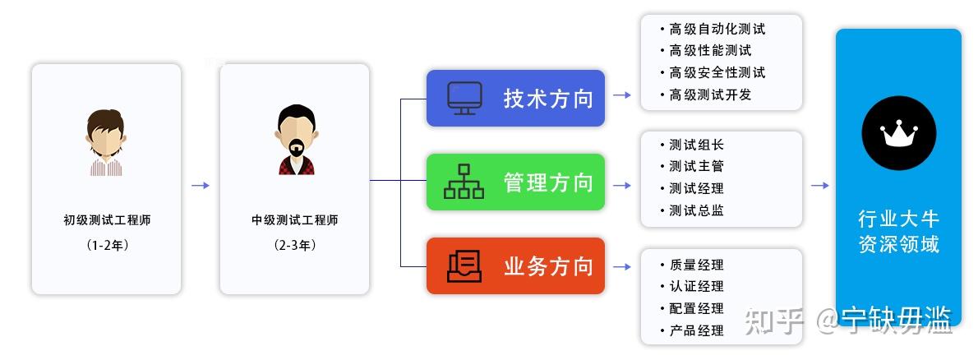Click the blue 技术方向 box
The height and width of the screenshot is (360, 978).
click(515, 99)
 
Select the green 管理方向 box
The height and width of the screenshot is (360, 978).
click(515, 182)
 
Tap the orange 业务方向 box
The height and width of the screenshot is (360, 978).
click(515, 265)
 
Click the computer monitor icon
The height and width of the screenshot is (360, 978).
click(464, 99)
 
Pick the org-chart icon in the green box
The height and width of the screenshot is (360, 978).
click(464, 182)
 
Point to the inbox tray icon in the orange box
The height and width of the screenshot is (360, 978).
click(464, 265)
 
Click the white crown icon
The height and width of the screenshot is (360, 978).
click(898, 134)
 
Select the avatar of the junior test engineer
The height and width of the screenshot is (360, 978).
click(106, 141)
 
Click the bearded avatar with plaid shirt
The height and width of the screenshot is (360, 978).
click(294, 141)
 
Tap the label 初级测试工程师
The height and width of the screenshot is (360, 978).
click(107, 220)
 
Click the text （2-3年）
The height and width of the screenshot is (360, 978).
click(294, 245)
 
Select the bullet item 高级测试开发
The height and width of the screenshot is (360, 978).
click(710, 95)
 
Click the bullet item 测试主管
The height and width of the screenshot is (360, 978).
click(696, 167)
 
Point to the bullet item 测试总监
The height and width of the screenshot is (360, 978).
click(696, 210)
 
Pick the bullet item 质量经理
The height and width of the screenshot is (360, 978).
click(696, 265)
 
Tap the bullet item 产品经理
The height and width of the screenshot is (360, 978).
click(696, 330)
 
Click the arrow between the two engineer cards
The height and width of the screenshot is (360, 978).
click(201, 186)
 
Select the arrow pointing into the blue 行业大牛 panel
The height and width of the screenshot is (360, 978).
click(819, 186)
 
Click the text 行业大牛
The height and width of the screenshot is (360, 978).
click(898, 219)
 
